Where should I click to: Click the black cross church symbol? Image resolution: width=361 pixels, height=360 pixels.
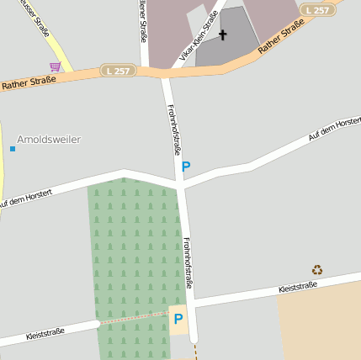(x=223, y=34)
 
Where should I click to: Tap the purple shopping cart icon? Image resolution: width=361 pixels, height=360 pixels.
(x=56, y=66)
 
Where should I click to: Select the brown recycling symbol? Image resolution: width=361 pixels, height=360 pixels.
(x=317, y=270)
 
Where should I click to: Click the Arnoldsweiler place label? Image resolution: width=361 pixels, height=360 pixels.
(x=49, y=139)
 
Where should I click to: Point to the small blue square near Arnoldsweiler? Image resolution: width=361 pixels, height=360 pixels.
(x=13, y=149)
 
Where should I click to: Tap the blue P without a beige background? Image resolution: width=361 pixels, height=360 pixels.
(x=186, y=167)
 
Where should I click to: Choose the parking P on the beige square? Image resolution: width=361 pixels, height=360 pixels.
(x=178, y=320)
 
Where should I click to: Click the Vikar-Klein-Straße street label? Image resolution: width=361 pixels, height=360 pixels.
(x=193, y=41)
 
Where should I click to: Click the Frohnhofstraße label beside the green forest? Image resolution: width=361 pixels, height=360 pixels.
(x=187, y=262)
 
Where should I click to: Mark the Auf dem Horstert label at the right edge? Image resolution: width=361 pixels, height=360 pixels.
(x=335, y=129)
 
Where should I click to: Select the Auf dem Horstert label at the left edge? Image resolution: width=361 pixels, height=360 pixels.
(x=25, y=199)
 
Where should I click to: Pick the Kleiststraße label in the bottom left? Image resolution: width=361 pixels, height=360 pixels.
(x=45, y=334)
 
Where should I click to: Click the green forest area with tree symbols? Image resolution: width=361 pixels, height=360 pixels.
(x=135, y=252)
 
